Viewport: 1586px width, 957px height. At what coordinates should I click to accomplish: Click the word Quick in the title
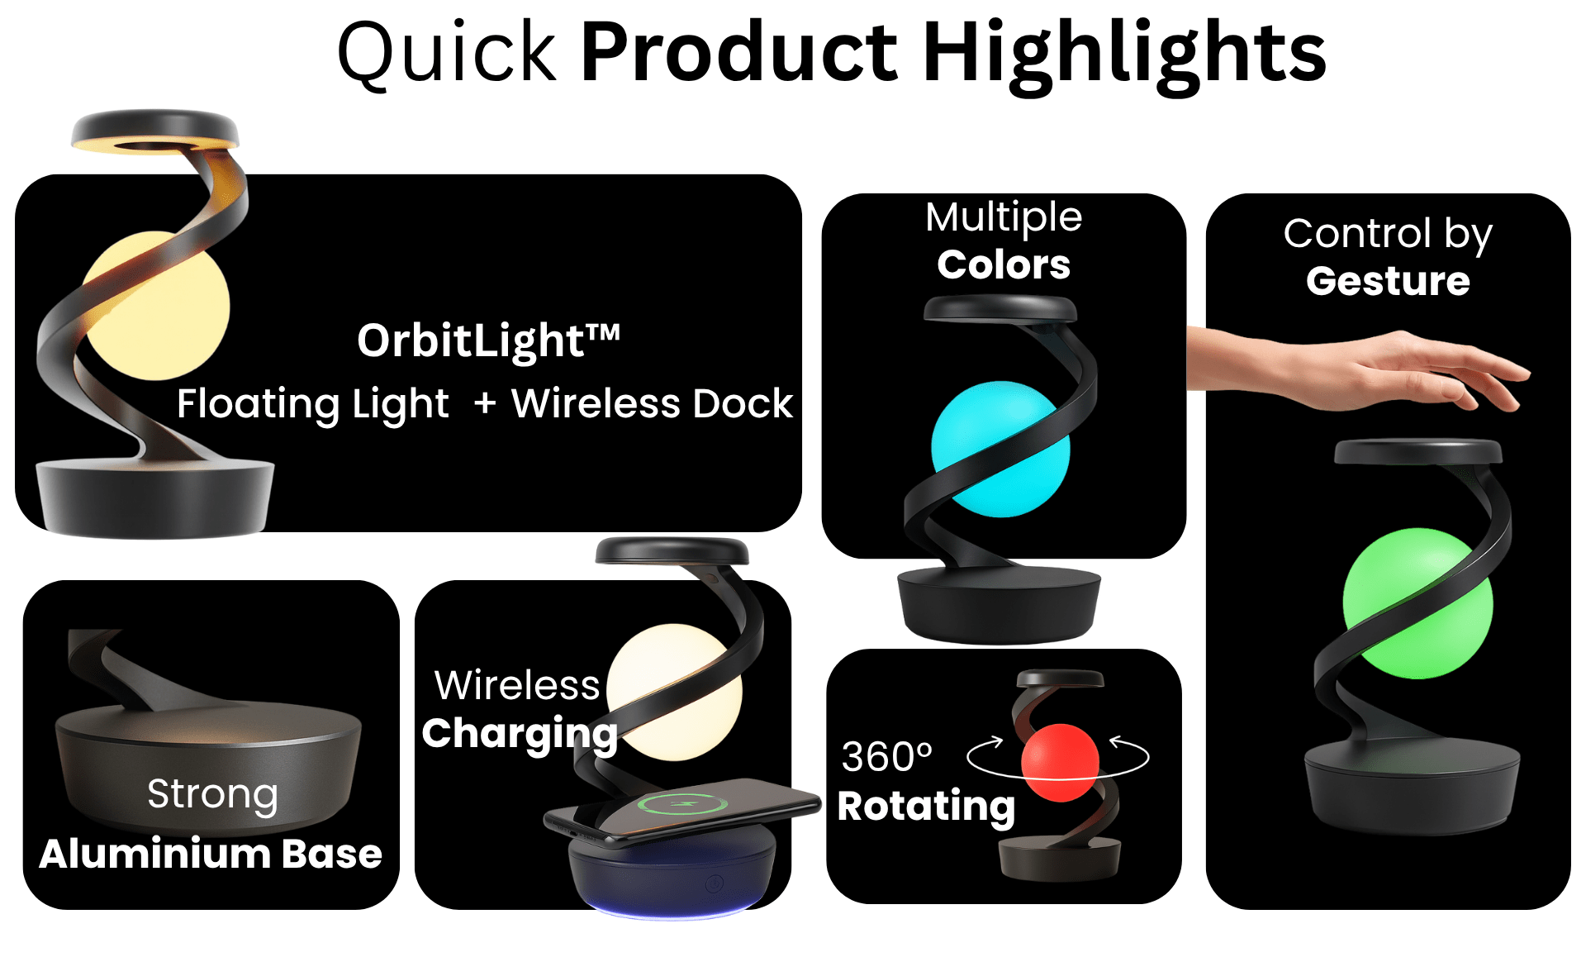pyautogui.click(x=447, y=55)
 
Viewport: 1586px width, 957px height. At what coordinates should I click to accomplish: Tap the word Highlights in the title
pyautogui.click(x=1124, y=55)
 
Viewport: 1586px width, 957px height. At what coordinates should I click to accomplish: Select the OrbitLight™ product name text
pyautogui.click(x=488, y=340)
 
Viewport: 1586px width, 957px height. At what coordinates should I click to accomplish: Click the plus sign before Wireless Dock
pyautogui.click(x=485, y=403)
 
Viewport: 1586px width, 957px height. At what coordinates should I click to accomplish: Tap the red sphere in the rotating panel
pyautogui.click(x=1060, y=762)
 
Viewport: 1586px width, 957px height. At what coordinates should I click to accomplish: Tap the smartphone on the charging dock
pyautogui.click(x=681, y=812)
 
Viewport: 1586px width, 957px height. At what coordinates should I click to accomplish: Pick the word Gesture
pyautogui.click(x=1388, y=282)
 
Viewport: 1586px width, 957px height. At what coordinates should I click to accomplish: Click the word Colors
pyautogui.click(x=1004, y=264)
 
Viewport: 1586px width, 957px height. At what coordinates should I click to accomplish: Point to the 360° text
pyautogui.click(x=886, y=756)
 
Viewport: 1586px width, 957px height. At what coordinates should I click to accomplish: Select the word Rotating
pyautogui.click(x=926, y=807)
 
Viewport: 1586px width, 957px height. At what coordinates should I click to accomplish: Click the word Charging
pyautogui.click(x=520, y=734)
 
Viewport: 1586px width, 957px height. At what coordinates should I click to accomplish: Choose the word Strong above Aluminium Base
pyautogui.click(x=212, y=794)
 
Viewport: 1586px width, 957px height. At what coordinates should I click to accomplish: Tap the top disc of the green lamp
pyautogui.click(x=1417, y=451)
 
